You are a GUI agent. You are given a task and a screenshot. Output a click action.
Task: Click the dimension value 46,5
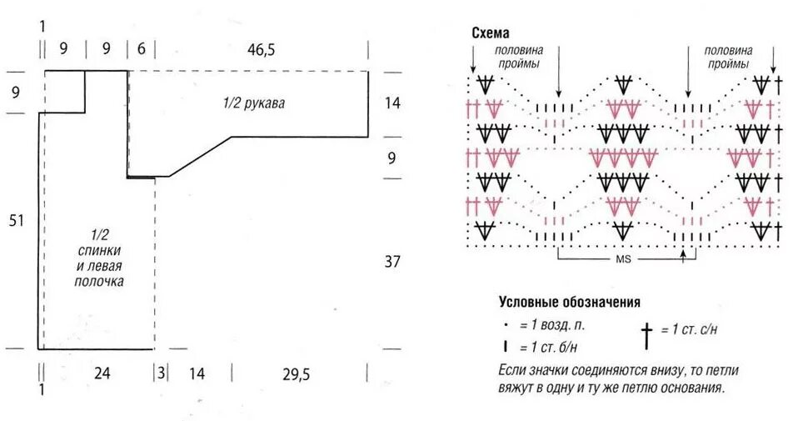[261, 50]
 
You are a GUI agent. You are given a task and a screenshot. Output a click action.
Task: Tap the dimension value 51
[17, 221]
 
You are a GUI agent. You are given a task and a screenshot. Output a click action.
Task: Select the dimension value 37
[393, 262]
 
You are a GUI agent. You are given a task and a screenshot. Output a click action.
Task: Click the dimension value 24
[102, 374]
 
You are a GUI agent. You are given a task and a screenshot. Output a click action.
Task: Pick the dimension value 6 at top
[142, 50]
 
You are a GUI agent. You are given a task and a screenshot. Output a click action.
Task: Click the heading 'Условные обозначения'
[570, 302]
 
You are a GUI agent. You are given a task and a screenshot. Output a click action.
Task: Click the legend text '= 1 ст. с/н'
[689, 330]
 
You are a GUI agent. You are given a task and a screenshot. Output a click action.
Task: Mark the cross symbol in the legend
[646, 334]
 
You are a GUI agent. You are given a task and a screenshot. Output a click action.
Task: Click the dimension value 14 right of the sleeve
[393, 103]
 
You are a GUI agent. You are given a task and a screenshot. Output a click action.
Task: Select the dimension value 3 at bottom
[161, 374]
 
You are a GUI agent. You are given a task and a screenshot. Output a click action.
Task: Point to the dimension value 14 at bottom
[197, 374]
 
